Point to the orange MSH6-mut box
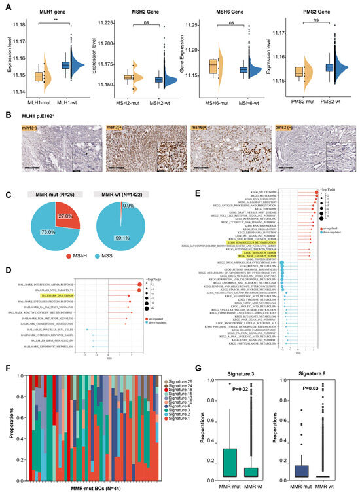pyautogui.click(x=213, y=67)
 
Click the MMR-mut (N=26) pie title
pyautogui.click(x=56, y=195)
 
